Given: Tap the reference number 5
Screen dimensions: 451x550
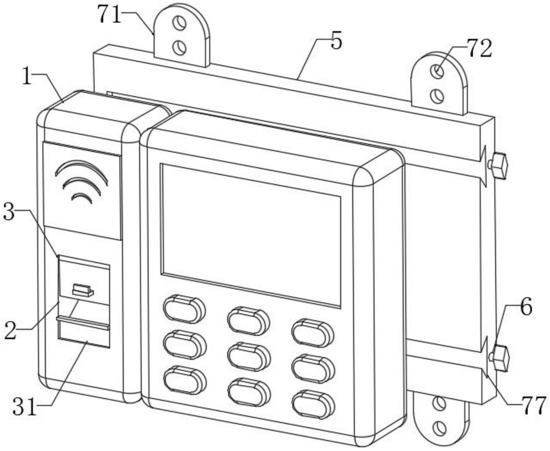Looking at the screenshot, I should pos(336,41).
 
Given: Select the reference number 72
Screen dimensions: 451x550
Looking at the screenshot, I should pos(479,49).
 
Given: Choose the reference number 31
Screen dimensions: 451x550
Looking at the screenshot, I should pos(24,408).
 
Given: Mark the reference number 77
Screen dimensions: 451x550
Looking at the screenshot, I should pos(532,406).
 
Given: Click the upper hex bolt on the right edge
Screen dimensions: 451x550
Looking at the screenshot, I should pos(498,166).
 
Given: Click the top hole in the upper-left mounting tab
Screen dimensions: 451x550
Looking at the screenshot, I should pos(180,24).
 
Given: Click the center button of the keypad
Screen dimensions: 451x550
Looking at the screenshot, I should pos(248,357).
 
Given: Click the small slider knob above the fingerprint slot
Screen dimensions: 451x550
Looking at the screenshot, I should pos(83,290).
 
